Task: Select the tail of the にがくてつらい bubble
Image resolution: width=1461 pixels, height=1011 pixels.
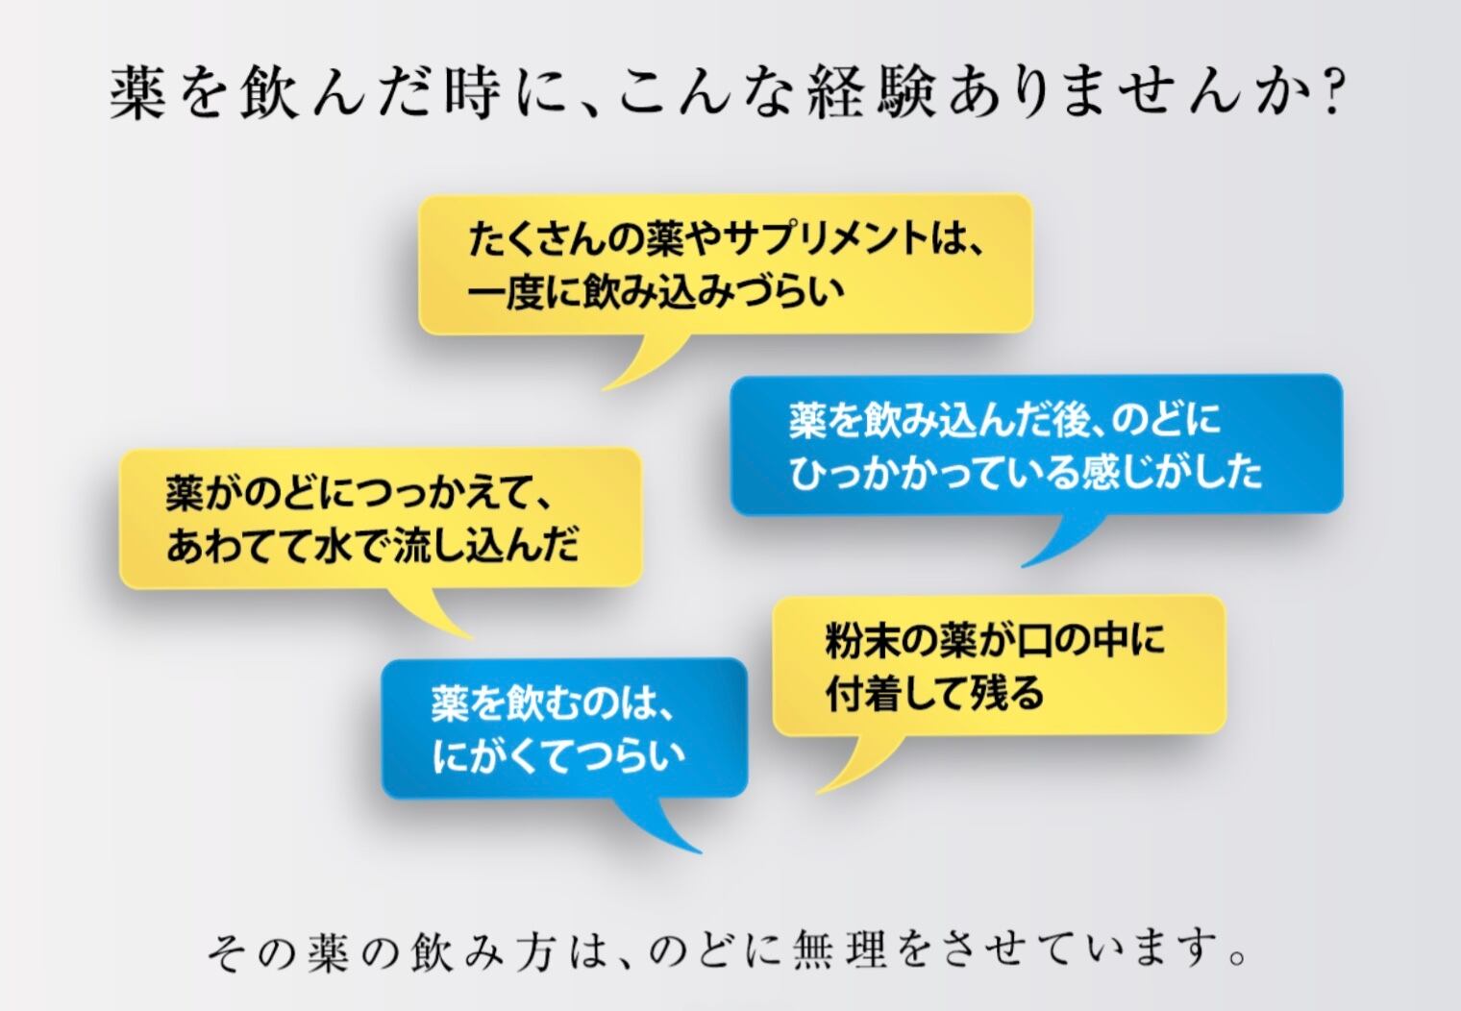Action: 663,826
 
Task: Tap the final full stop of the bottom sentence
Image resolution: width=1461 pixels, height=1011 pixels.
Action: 1239,957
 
